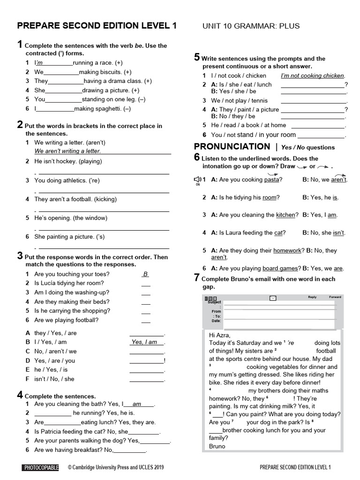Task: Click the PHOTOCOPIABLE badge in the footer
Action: [x=40, y=467]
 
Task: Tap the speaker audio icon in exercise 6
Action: [x=198, y=179]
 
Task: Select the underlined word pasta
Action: [x=272, y=180]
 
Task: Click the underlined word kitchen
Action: [x=285, y=215]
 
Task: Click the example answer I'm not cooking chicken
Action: [x=312, y=75]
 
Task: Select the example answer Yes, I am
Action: [x=144, y=342]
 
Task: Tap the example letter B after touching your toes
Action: [x=146, y=274]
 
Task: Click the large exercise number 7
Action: [x=197, y=277]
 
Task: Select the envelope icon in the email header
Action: [x=273, y=298]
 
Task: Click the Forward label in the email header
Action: [x=335, y=297]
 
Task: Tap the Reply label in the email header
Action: [x=312, y=297]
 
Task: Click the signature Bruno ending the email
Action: [x=217, y=446]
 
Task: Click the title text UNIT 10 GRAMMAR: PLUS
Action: [x=251, y=26]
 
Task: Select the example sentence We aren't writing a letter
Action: [x=67, y=151]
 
